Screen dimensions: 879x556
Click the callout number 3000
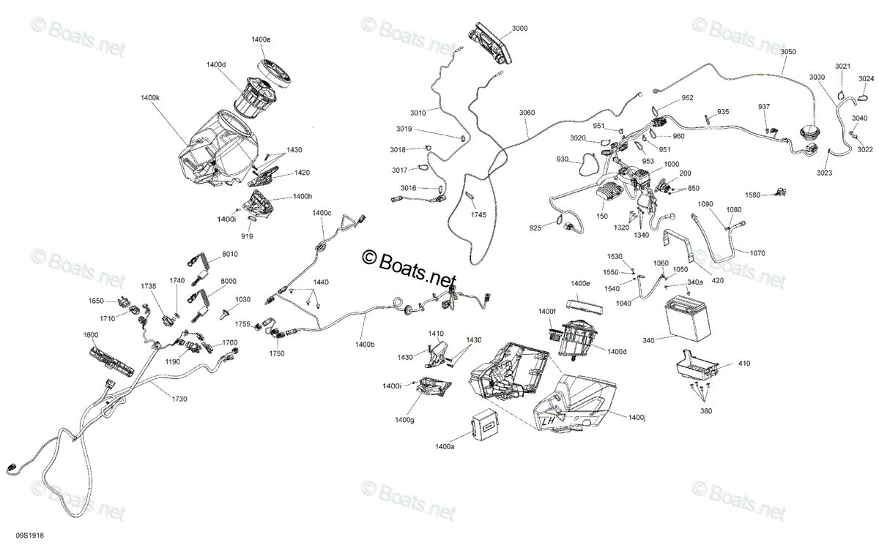(519, 29)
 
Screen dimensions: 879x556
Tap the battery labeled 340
(687, 318)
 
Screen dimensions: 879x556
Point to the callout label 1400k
(150, 97)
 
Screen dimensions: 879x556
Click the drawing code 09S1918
(30, 536)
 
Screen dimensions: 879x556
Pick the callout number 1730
(179, 399)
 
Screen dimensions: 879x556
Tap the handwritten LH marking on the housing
(548, 421)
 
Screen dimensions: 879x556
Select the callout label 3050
(788, 52)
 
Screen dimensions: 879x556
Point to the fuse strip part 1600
(112, 361)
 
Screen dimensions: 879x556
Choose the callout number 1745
(478, 215)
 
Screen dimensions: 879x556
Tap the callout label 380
(706, 411)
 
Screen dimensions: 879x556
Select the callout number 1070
(757, 253)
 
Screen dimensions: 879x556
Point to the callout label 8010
(229, 254)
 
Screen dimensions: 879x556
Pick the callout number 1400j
(637, 417)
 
